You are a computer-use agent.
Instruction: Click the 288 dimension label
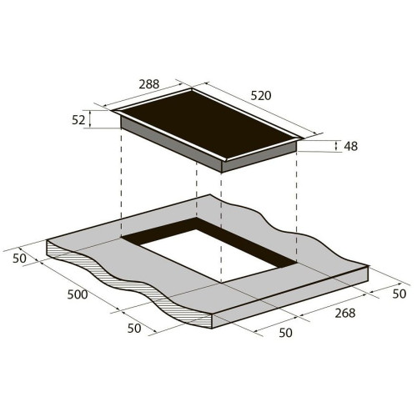pyautogui.click(x=149, y=84)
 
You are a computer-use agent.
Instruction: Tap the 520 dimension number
pyautogui.click(x=261, y=96)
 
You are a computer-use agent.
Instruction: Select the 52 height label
pyautogui.click(x=78, y=120)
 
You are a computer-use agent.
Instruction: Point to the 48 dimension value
pyautogui.click(x=350, y=146)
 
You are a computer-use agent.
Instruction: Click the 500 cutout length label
pyautogui.click(x=78, y=294)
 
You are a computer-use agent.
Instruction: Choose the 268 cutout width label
pyautogui.click(x=345, y=313)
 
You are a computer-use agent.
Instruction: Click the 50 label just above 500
pyautogui.click(x=19, y=259)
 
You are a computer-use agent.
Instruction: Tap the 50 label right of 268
pyautogui.click(x=399, y=294)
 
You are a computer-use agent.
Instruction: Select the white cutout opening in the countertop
pyautogui.click(x=209, y=254)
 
